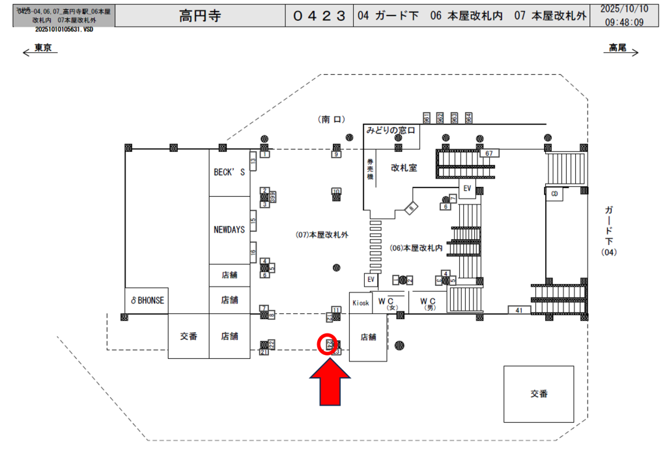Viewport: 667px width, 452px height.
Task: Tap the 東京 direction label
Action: pos(43,48)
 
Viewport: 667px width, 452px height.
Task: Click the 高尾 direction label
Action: pos(617,48)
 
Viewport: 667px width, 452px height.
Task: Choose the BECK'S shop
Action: pos(229,173)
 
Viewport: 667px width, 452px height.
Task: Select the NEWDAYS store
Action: pos(229,230)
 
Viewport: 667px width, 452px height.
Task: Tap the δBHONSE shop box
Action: pos(147,300)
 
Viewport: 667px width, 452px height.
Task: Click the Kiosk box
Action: pos(360,303)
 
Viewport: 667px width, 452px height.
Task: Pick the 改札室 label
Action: pos(404,167)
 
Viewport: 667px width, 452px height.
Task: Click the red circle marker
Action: pos(328,343)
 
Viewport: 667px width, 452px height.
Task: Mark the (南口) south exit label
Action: pos(331,119)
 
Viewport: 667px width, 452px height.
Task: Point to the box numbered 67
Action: pos(489,154)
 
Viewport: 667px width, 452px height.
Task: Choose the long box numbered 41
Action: pos(519,311)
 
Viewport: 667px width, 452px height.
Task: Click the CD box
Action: pos(554,194)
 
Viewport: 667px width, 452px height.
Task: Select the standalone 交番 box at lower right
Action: pos(539,393)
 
